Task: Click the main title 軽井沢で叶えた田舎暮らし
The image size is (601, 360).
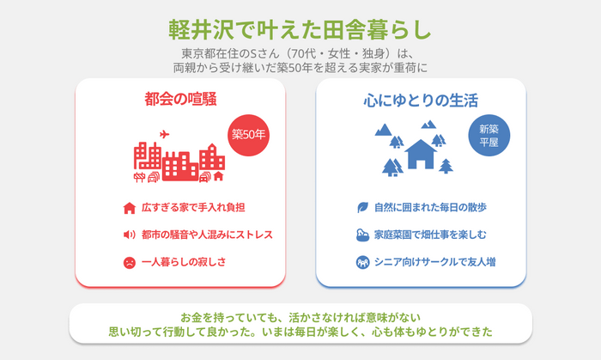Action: coord(300,29)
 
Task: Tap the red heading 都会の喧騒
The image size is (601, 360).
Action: coord(180,99)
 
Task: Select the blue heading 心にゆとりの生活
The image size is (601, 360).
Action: coord(421,101)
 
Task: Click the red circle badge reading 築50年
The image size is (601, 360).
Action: coord(248,135)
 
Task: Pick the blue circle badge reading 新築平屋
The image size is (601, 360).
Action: coord(489,136)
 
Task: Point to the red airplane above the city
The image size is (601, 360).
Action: coord(165,134)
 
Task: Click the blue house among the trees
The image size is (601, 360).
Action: coord(421,154)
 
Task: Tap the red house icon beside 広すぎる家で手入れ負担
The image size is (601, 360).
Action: coord(130,208)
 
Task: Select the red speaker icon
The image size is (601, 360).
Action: coord(129,235)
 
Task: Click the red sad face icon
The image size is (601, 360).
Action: coord(130,263)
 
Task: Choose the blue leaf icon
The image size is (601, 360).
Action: coord(362,207)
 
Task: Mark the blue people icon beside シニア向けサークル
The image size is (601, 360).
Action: coord(362,262)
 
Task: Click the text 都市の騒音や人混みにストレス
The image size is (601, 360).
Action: coord(207,235)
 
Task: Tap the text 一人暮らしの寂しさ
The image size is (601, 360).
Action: coord(184,262)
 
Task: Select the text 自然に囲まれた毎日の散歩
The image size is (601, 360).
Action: coord(430,207)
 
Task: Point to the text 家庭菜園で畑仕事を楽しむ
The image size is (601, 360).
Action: coord(430,235)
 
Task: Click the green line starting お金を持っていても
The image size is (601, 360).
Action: coord(300,317)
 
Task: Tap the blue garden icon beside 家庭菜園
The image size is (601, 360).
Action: coord(362,235)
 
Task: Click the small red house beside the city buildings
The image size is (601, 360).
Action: coord(218,176)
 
